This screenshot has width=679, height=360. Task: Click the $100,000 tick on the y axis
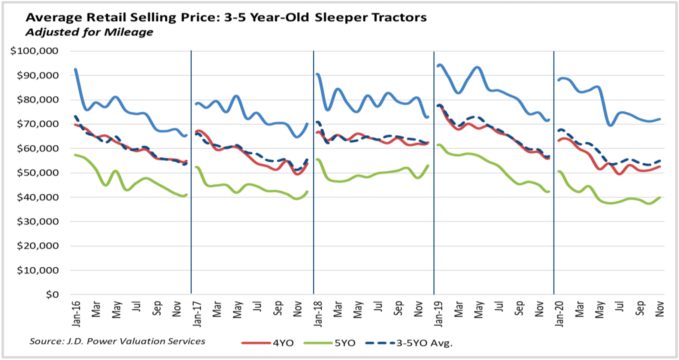(x=34, y=51)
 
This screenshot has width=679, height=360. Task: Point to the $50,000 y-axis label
(x=37, y=173)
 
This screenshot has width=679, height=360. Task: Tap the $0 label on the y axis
(x=52, y=295)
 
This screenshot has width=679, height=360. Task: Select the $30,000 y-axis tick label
(x=37, y=221)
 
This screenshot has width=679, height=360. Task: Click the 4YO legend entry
(x=283, y=343)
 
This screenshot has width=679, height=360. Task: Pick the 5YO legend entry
(x=345, y=343)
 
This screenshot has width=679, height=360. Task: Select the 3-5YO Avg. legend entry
(x=424, y=343)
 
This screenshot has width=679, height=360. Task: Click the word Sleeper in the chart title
(x=341, y=18)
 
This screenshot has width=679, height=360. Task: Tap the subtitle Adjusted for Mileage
(x=89, y=32)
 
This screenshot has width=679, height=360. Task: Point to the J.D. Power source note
(x=117, y=341)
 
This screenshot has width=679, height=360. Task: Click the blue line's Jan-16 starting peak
(x=76, y=69)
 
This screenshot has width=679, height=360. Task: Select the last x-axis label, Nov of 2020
(x=660, y=309)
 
